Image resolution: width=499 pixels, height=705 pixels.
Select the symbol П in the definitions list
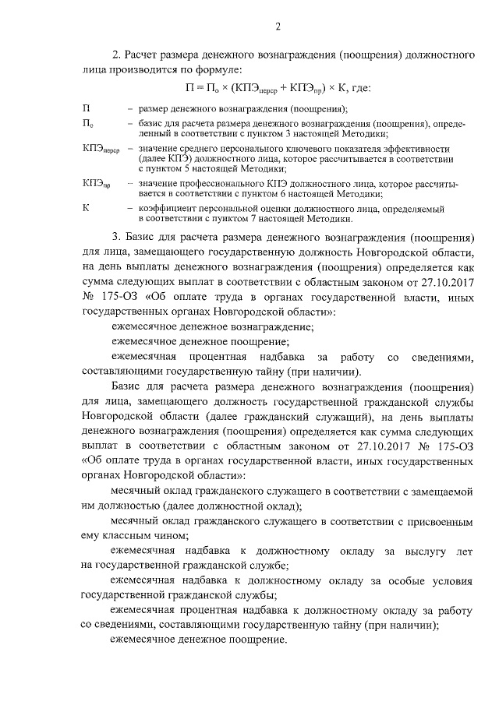tap(85, 108)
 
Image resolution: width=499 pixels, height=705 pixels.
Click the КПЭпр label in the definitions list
tap(96, 184)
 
